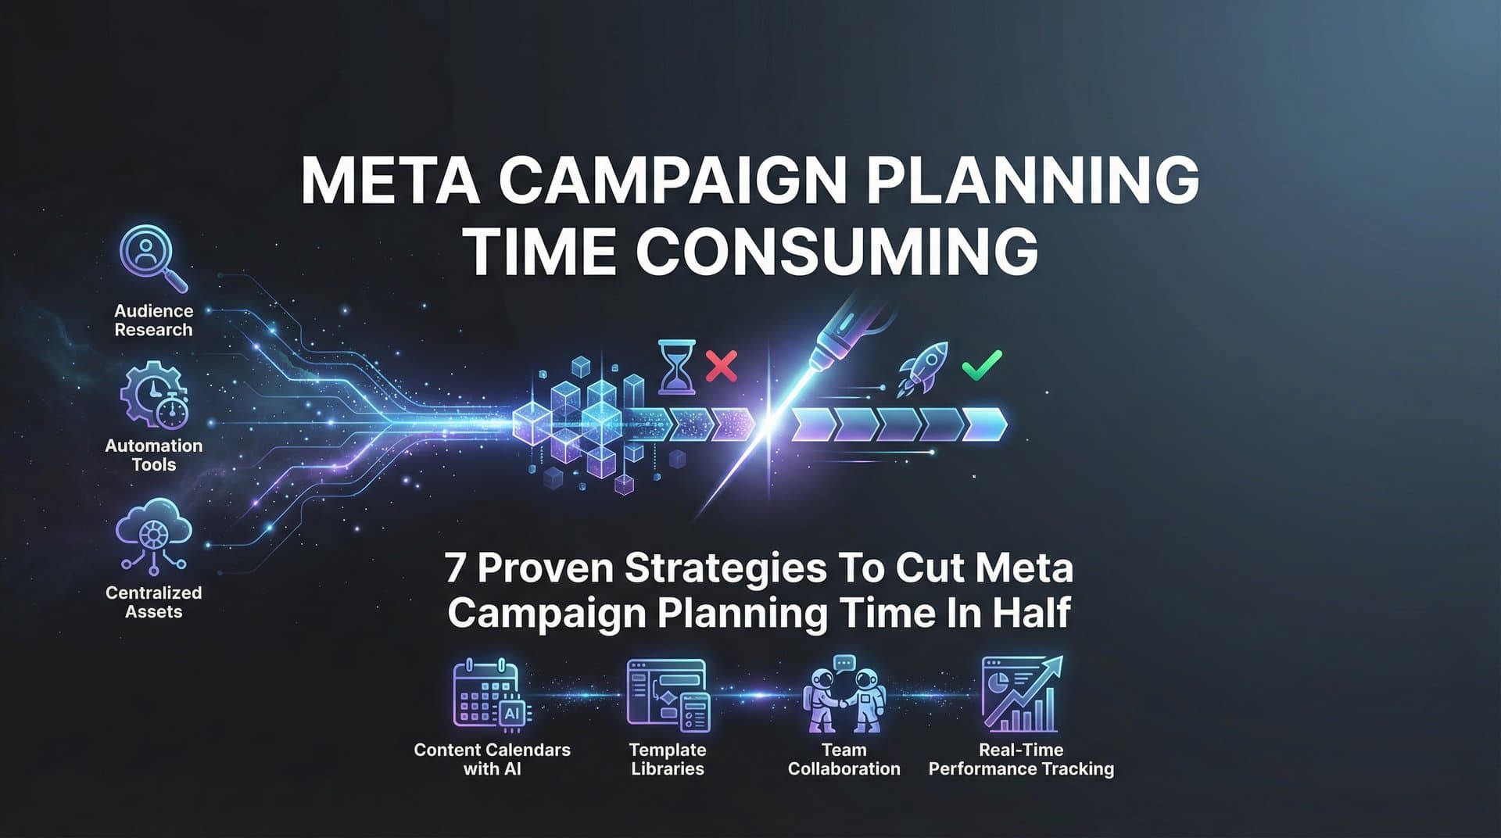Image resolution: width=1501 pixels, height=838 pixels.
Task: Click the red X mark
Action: (721, 366)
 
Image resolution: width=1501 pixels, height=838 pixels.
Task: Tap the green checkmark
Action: (981, 364)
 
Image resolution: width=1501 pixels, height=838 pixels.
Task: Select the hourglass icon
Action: (676, 366)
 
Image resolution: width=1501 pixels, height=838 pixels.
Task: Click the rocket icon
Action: (923, 368)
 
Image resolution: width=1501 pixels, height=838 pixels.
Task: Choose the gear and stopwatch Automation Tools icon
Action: (154, 395)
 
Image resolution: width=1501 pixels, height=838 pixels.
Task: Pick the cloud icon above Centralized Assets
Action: (153, 535)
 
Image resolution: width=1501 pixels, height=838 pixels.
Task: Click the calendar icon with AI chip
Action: (491, 694)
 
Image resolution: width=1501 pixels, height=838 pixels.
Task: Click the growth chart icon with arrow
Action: (1021, 694)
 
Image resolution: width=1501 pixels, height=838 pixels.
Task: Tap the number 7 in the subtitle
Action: (455, 568)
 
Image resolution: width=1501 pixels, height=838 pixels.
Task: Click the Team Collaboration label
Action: (844, 759)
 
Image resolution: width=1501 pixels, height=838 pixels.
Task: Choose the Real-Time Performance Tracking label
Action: (1021, 759)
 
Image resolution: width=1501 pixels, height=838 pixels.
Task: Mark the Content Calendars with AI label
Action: (492, 759)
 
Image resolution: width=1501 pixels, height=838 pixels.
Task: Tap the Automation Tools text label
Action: (154, 455)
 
